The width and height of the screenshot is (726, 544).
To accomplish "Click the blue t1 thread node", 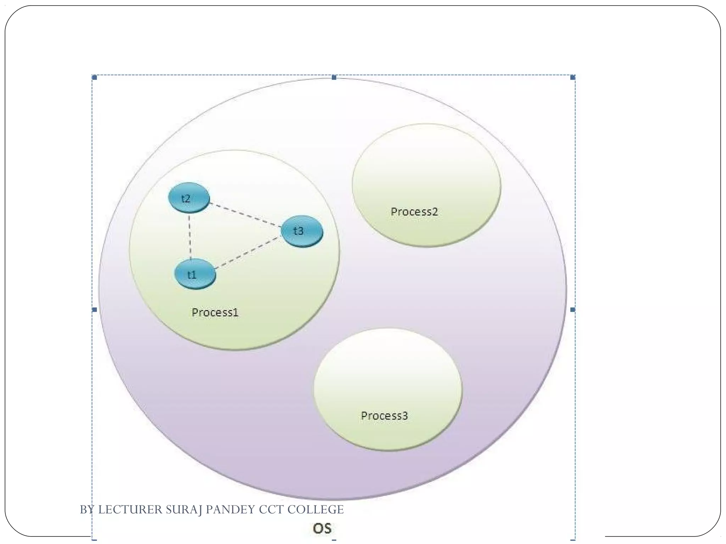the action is tap(195, 274).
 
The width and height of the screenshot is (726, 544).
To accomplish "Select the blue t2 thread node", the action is tap(189, 198).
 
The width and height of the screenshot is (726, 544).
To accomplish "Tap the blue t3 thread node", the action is tap(302, 231).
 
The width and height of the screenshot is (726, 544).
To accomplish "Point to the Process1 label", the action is tap(215, 312).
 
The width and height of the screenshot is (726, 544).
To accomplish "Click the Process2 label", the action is tap(414, 212).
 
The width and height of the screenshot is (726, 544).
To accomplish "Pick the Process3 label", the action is tap(385, 416).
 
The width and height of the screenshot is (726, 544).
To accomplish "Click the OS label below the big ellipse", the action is tap(322, 528).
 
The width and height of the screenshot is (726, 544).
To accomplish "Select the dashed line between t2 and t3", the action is tap(245, 214).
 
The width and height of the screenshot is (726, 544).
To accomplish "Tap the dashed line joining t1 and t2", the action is tap(190, 236).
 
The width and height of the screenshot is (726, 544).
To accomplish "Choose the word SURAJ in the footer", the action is tap(184, 510).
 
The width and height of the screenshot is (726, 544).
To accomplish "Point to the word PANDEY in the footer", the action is tap(230, 510).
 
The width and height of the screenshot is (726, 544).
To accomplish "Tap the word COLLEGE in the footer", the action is tap(315, 510).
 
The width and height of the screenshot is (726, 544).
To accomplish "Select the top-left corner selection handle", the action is tap(94, 77).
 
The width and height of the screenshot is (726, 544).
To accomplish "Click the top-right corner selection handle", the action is tap(573, 77).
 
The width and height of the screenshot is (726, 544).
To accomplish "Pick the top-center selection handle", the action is tap(334, 77).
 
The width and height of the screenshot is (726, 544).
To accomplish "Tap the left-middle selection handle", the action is tap(94, 310).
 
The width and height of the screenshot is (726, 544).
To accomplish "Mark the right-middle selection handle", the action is tap(573, 310).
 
